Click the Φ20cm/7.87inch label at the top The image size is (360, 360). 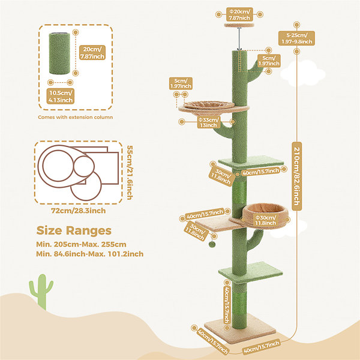pos(239,14)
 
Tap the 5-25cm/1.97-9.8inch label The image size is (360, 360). pos(296,38)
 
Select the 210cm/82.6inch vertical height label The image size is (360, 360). pos(296,176)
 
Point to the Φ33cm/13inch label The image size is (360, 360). pos(208,122)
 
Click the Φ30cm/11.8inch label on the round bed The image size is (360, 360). pos(265,220)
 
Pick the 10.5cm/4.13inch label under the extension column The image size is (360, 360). pos(61,96)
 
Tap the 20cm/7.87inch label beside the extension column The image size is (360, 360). pos(92,53)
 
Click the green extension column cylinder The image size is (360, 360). pos(59,53)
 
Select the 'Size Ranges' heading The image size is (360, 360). pos(74,230)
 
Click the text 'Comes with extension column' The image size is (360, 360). pos(76,117)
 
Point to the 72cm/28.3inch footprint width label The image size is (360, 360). pos(78,211)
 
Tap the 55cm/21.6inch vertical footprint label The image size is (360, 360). pos(130,172)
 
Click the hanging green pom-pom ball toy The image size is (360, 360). pos(212,244)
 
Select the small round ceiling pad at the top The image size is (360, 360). pos(239,25)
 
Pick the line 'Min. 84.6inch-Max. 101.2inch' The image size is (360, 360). pos(90,254)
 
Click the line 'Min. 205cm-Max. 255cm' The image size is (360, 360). pos(81,244)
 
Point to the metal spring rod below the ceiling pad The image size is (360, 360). pos(239,39)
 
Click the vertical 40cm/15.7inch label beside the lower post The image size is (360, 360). pos(227,305)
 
